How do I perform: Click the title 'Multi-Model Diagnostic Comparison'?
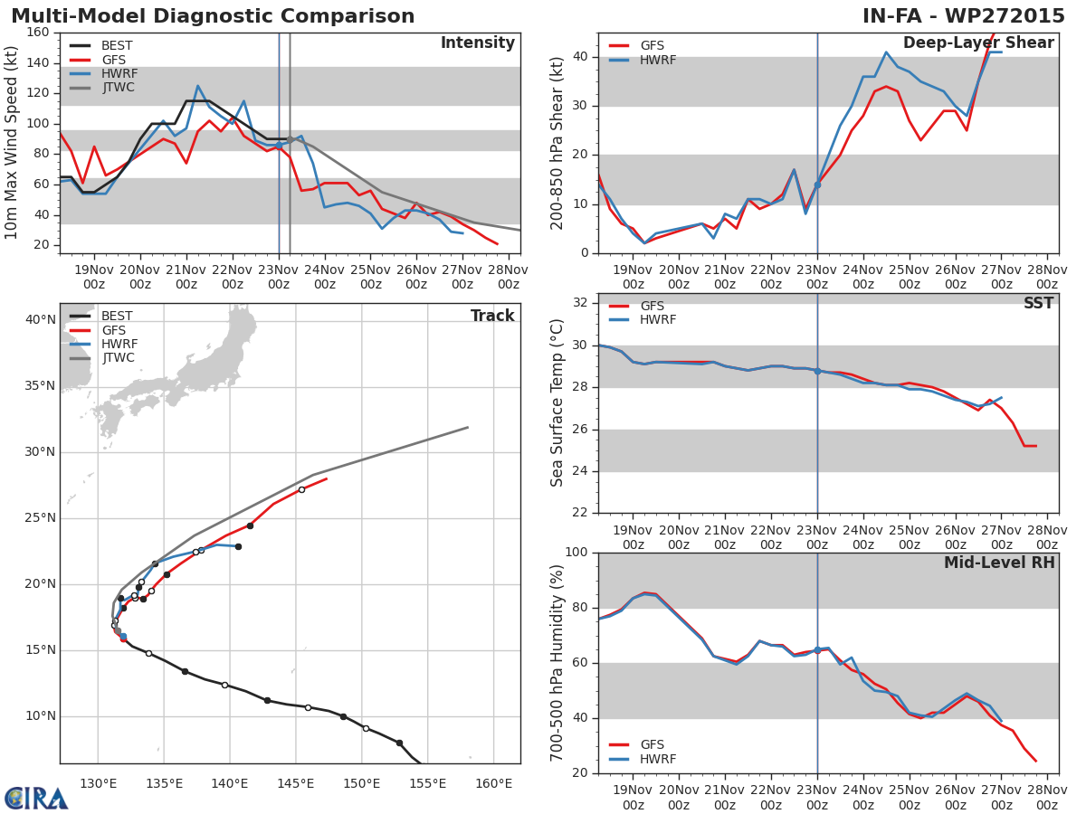pyautogui.click(x=213, y=16)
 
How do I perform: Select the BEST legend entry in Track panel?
pyautogui.click(x=117, y=317)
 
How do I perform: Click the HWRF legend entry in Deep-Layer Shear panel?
pyautogui.click(x=657, y=60)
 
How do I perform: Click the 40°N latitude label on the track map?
pyautogui.click(x=41, y=319)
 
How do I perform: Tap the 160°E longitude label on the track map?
pyautogui.click(x=494, y=781)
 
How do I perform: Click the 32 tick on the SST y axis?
pyautogui.click(x=582, y=303)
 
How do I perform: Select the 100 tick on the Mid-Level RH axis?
pyautogui.click(x=576, y=553)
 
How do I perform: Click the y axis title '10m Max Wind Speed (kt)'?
pyautogui.click(x=12, y=143)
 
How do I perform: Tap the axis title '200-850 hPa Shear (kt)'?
pyautogui.click(x=557, y=143)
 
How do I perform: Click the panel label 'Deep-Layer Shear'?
pyautogui.click(x=978, y=43)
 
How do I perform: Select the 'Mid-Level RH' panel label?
pyautogui.click(x=999, y=563)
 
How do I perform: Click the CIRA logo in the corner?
pyautogui.click(x=36, y=799)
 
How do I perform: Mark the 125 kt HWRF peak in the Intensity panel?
pyautogui.click(x=197, y=86)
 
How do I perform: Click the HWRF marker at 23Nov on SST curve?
pyautogui.click(x=817, y=371)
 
